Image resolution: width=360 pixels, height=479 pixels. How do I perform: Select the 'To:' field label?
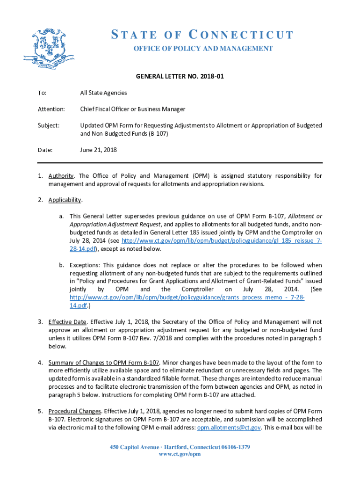[42, 93]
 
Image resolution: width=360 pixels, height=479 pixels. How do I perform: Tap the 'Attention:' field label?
[51, 109]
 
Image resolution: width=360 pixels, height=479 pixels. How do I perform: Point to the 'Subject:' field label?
[49, 125]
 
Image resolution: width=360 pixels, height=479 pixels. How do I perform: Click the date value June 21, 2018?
[98, 150]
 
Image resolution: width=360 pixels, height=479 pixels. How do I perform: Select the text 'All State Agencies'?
[103, 93]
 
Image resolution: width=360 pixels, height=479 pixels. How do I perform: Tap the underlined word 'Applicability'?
[65, 200]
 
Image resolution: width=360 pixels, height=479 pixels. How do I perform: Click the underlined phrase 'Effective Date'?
[67, 322]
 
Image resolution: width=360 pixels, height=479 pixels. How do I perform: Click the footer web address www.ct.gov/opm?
[180, 454]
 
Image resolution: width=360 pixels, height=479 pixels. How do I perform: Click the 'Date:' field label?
[45, 150]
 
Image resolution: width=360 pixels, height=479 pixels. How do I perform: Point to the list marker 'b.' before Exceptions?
[62, 265]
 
